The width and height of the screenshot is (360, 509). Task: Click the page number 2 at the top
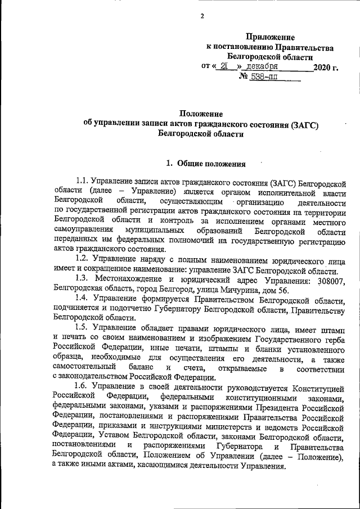(x=201, y=15)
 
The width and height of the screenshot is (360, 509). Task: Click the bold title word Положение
(x=201, y=114)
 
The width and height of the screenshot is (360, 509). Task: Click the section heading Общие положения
(x=211, y=165)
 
